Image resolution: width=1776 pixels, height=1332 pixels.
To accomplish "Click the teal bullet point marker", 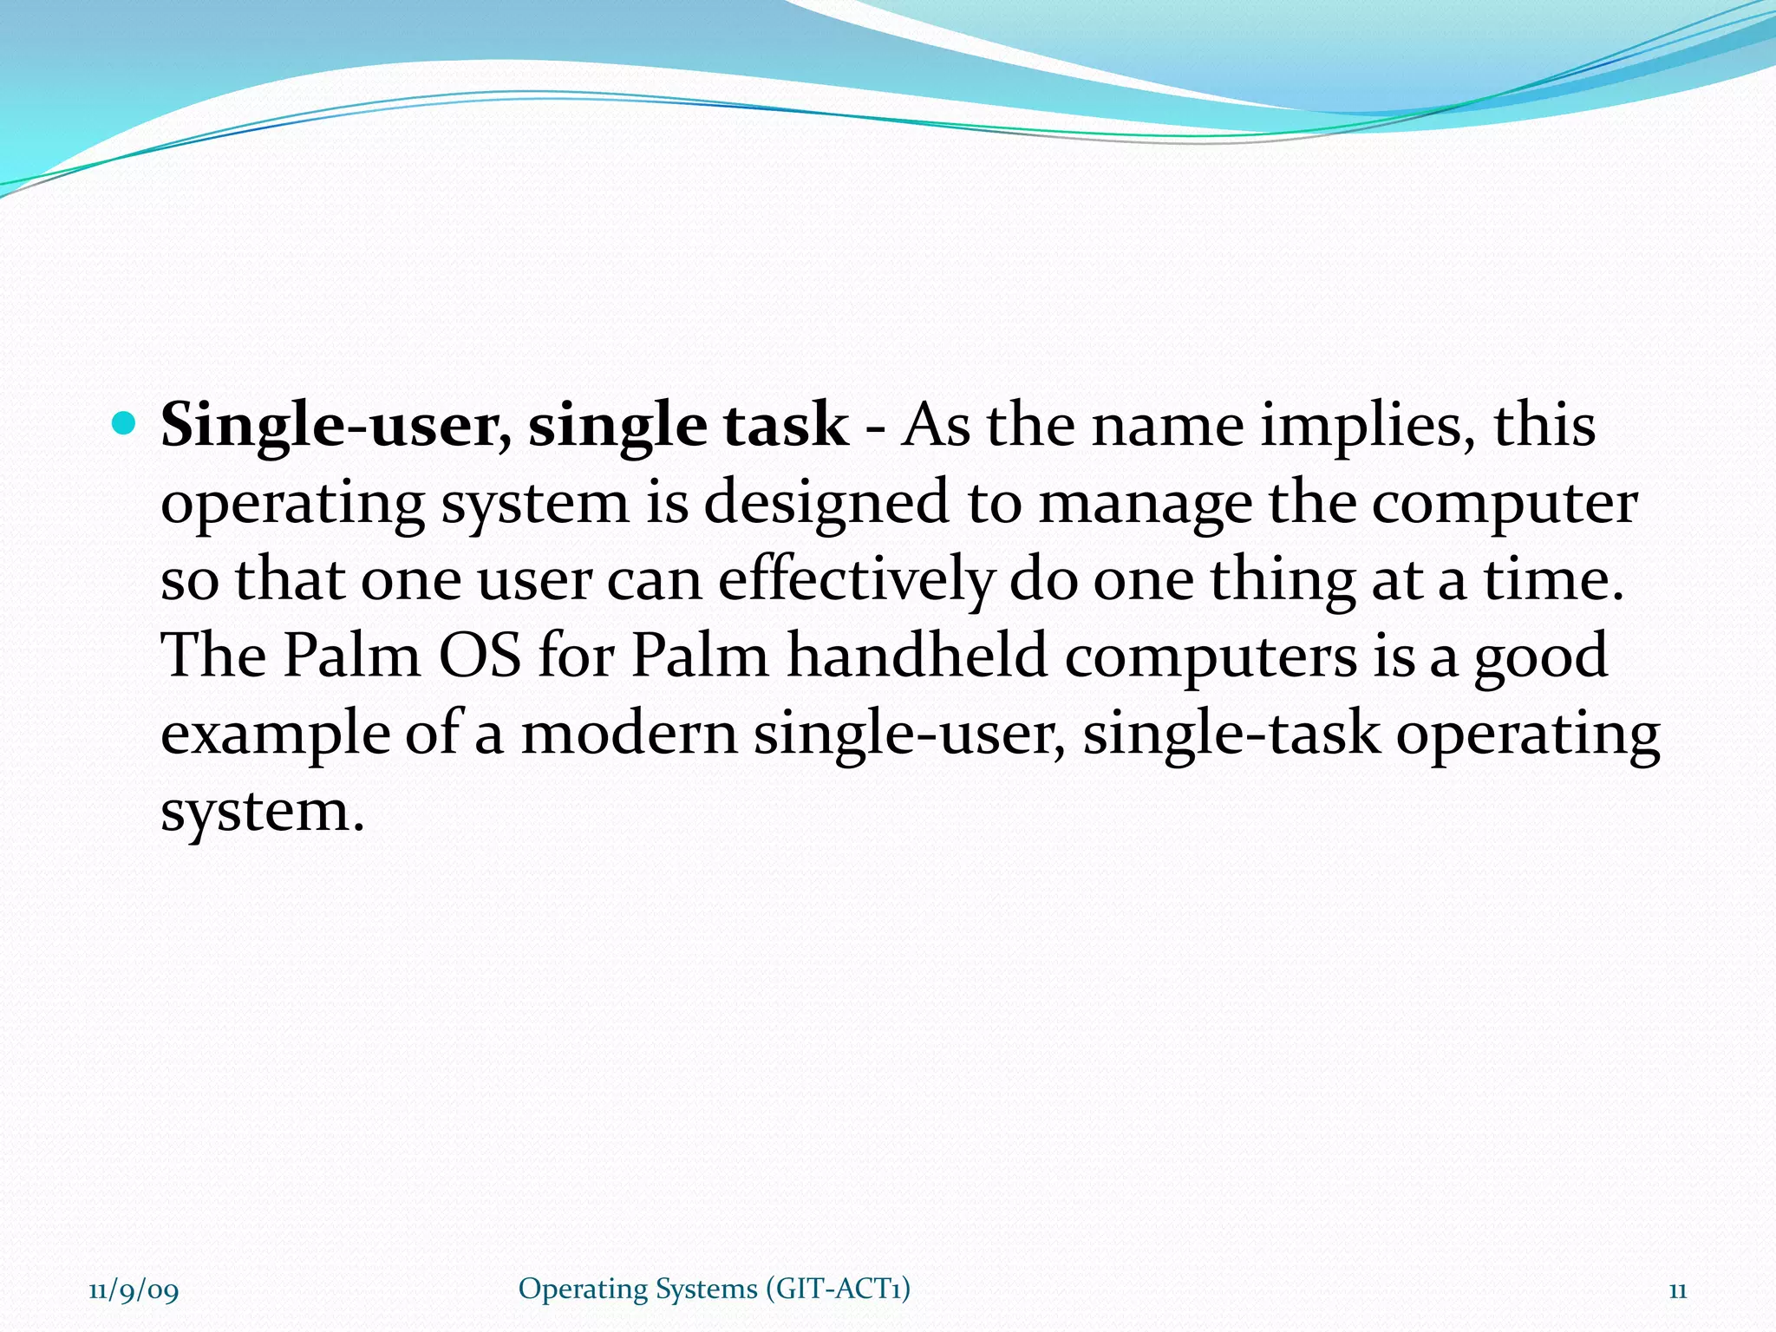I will coord(125,424).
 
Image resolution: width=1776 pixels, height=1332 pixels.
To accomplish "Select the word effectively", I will coord(855,580).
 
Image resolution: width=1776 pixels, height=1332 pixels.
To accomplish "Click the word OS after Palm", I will coord(480,656).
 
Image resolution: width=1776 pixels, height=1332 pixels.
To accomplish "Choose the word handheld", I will coord(917,656).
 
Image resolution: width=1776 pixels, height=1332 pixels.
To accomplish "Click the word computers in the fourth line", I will coord(1211,657).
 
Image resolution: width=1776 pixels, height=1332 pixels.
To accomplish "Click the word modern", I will coord(628,734).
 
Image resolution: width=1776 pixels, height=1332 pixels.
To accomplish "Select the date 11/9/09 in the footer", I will coord(134,1291).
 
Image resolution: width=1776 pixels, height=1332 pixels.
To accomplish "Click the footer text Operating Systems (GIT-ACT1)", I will coord(714,1289).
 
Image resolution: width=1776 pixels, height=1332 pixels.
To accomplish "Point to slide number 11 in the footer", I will coord(1677,1291).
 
